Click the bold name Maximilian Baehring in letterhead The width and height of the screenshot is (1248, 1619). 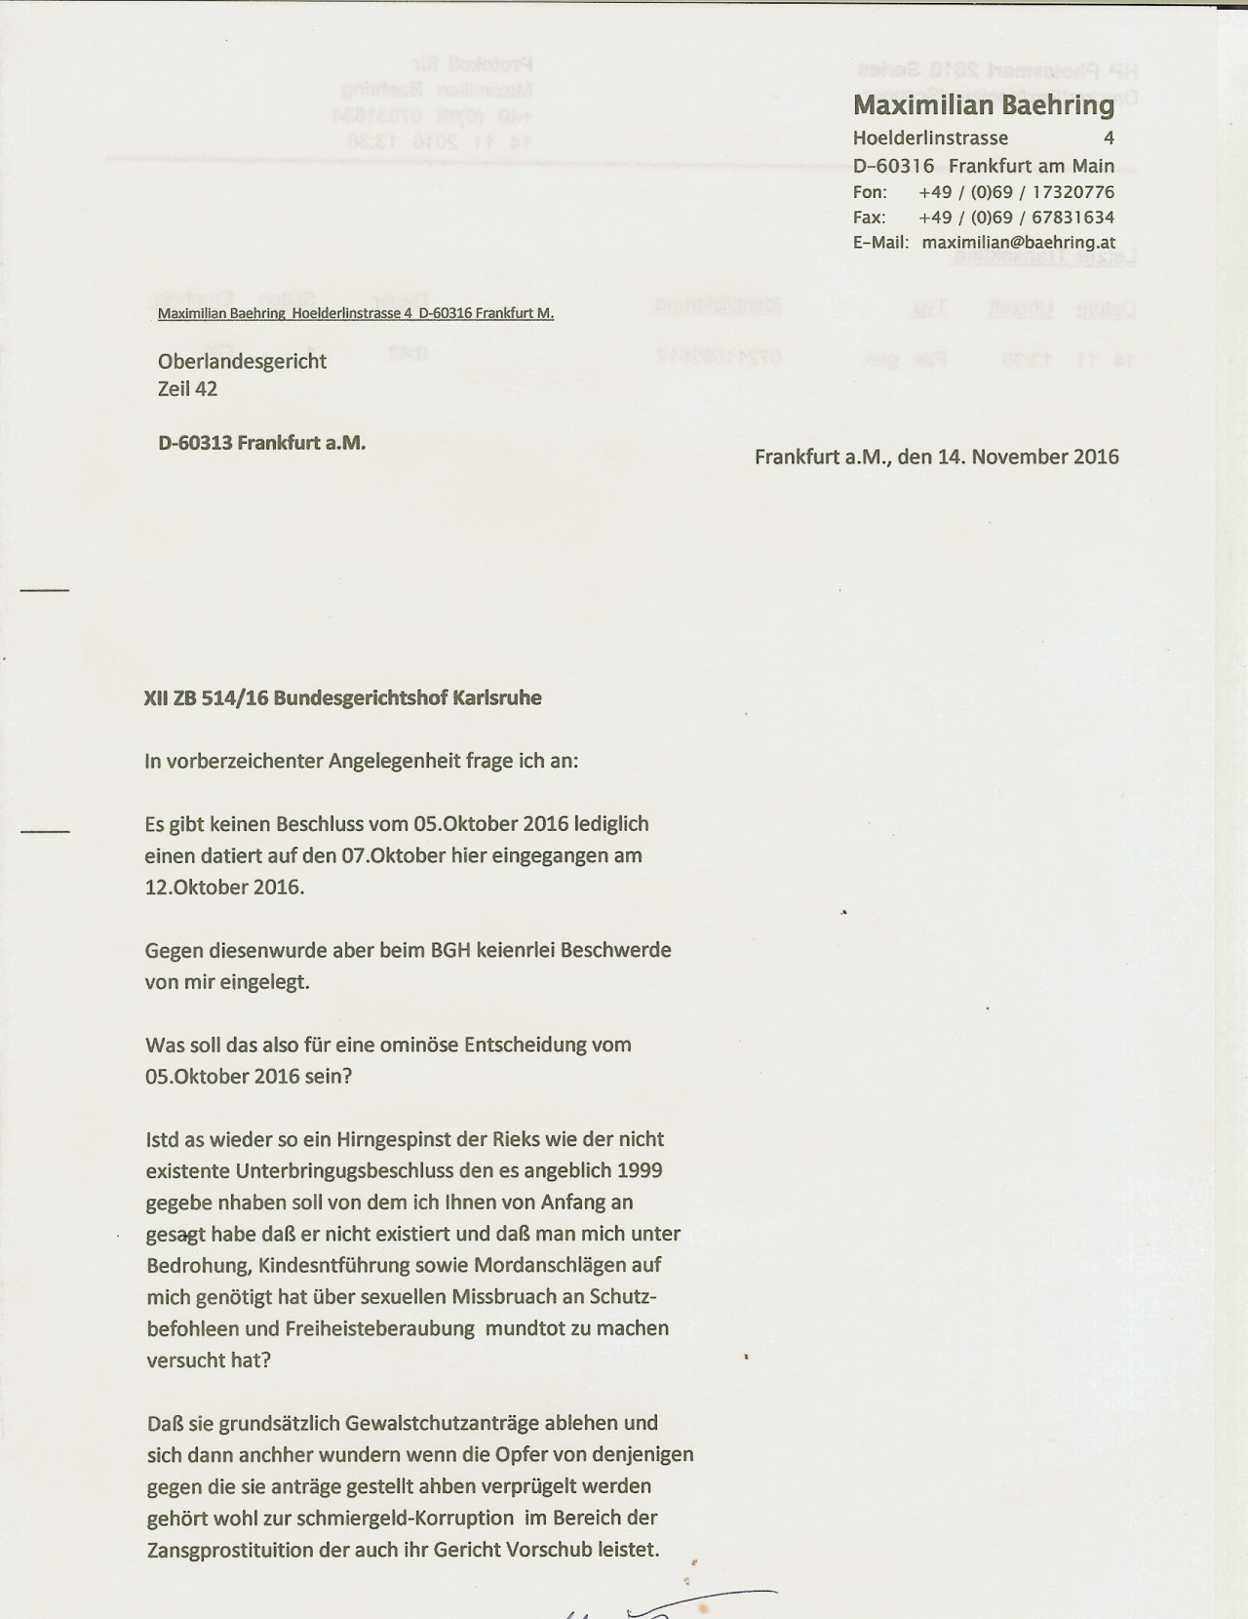(983, 105)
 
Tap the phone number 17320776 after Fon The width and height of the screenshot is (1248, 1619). (1072, 192)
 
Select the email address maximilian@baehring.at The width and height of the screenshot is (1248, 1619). (1019, 243)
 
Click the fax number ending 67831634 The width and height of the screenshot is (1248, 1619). (1072, 217)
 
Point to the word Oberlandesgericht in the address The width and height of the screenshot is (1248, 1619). (242, 361)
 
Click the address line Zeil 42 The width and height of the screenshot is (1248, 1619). (187, 389)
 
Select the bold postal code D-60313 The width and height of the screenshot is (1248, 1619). (195, 443)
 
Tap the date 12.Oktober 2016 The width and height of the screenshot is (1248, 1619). (224, 888)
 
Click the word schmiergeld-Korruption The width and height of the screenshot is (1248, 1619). (412, 1518)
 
